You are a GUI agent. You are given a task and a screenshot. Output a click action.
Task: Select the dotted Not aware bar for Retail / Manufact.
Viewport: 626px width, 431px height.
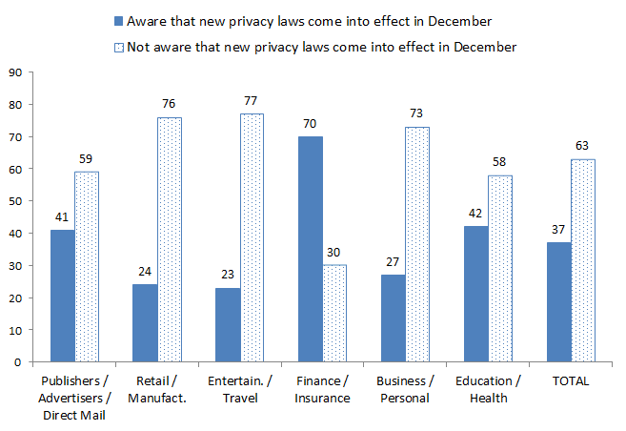pyautogui.click(x=169, y=239)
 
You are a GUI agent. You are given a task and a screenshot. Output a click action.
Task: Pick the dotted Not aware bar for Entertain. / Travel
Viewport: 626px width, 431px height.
pyautogui.click(x=252, y=238)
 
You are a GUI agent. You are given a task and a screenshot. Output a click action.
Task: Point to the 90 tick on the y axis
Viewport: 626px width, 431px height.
pyautogui.click(x=15, y=72)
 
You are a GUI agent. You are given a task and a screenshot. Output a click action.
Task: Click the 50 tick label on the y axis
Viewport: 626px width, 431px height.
pyautogui.click(x=15, y=201)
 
